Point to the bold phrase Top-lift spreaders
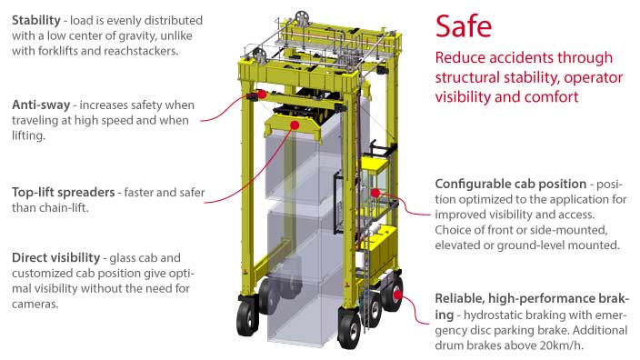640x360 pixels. [x=67, y=192]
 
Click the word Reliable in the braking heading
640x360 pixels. [x=464, y=298]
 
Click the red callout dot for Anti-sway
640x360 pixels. [x=261, y=93]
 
